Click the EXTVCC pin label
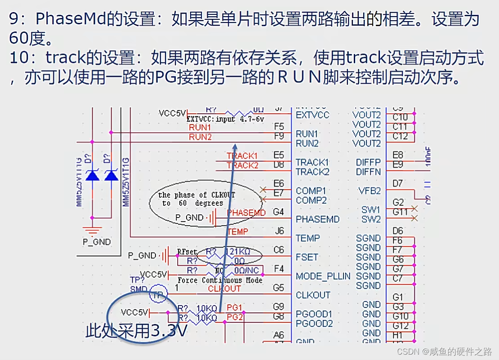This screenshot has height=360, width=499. pos(312,115)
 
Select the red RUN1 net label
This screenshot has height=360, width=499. pos(200,128)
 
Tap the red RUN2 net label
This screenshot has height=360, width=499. pos(200,137)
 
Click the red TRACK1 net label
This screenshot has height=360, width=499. pos(242,156)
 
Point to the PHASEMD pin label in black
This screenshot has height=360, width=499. pos(317,219)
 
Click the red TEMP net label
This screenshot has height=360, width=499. pos(238,231)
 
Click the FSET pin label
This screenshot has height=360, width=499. pos(307,257)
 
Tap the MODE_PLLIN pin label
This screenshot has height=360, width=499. pos(323,276)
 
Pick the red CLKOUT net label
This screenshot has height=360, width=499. pos(224,289)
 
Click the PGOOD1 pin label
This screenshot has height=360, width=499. pos(314,314)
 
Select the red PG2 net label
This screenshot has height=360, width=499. pos(235,317)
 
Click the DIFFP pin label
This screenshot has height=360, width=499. pos(368,162)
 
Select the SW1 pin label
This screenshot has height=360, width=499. pos(370,210)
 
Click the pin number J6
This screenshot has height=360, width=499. pos(279,231)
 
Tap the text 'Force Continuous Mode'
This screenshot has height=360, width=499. pos(220,280)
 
